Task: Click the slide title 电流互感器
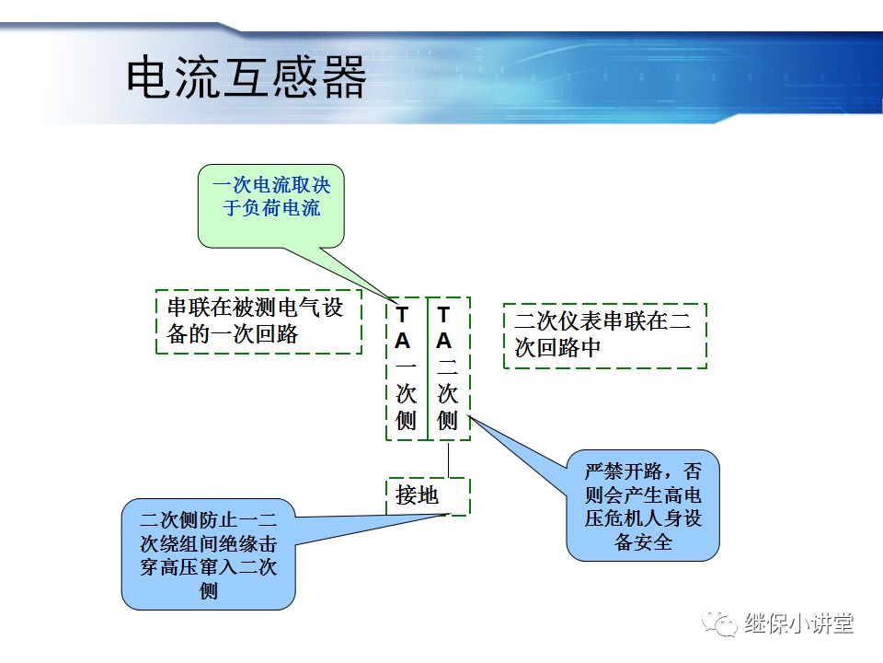(246, 77)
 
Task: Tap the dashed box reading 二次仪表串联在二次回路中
(604, 335)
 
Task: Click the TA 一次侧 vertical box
(406, 368)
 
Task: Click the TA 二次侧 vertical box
(448, 368)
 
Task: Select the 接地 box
(427, 496)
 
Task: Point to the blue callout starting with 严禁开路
(642, 506)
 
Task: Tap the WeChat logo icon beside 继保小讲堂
(720, 623)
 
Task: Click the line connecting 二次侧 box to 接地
(449, 459)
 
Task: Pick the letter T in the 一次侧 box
(403, 314)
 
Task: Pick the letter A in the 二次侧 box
(444, 341)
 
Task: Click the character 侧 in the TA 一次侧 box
(406, 421)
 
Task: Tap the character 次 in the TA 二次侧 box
(447, 394)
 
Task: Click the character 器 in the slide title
(344, 77)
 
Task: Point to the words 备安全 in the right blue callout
(643, 542)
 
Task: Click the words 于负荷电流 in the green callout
(271, 208)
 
